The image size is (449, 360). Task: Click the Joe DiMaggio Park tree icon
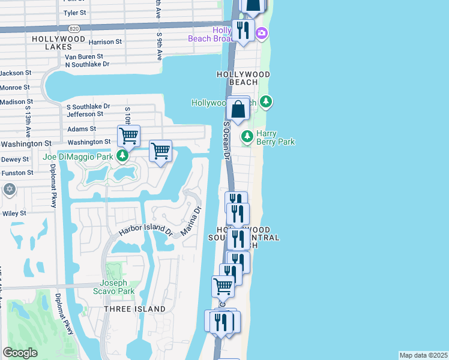coord(122,157)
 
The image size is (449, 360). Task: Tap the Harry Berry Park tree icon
coord(247,137)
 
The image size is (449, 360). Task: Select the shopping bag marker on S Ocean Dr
coord(238,110)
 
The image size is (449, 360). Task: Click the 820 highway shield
coord(74,29)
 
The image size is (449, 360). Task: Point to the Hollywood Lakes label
coord(55,38)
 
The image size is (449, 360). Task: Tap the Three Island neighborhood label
coord(134,309)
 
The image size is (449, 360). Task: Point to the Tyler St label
coord(74,12)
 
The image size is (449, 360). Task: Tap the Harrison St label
coord(105,43)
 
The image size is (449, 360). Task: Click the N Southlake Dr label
coord(87,64)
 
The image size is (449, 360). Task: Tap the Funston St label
coord(17,173)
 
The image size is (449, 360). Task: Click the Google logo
coord(20,353)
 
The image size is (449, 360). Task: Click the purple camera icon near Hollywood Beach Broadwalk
coord(262,34)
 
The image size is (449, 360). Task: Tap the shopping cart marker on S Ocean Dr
coord(223,286)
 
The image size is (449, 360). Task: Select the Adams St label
coord(82,129)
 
